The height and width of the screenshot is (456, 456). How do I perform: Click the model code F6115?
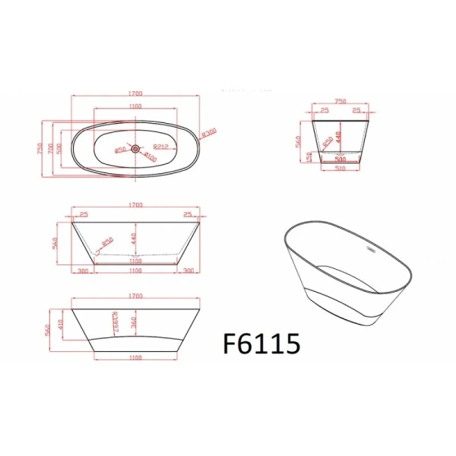[262, 344]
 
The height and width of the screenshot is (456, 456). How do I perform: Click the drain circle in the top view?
[135, 149]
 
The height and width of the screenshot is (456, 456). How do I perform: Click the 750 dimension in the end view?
[340, 100]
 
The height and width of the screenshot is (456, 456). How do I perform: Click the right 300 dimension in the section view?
[188, 270]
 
